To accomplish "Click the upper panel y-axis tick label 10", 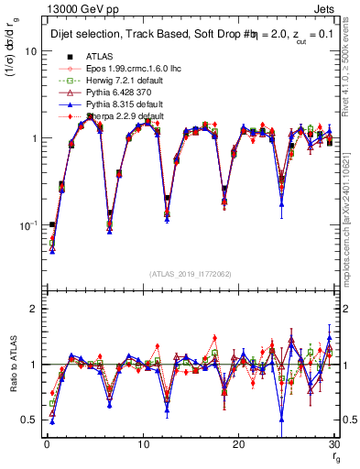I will [30, 51].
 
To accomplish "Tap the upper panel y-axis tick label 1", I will [33, 138].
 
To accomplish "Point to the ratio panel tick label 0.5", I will [29, 420].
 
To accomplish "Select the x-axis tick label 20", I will [238, 444].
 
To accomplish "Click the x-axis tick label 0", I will [46, 444].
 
